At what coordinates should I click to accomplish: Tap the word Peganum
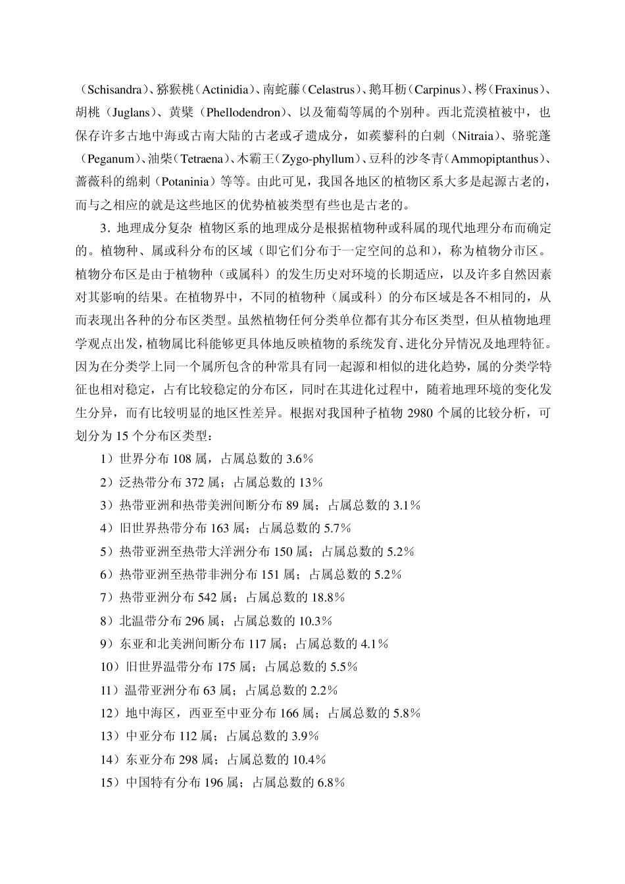[107, 159]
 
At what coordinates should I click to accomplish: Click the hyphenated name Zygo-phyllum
[319, 159]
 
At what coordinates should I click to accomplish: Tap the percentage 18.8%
[327, 597]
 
